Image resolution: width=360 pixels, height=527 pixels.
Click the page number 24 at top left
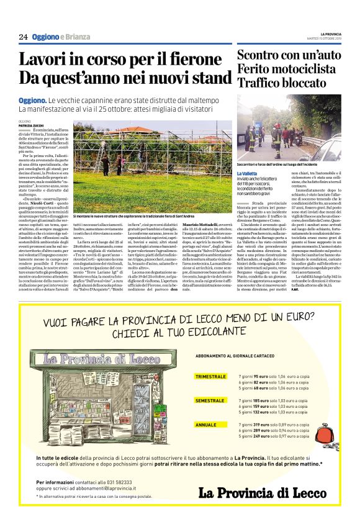(x=23, y=37)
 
